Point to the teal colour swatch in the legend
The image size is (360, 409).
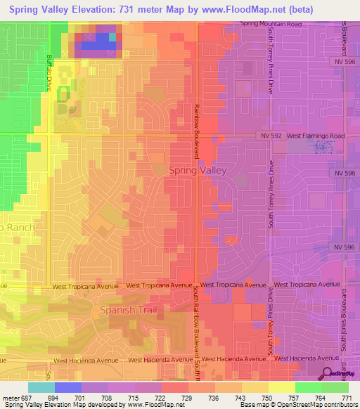pos(41,387)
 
